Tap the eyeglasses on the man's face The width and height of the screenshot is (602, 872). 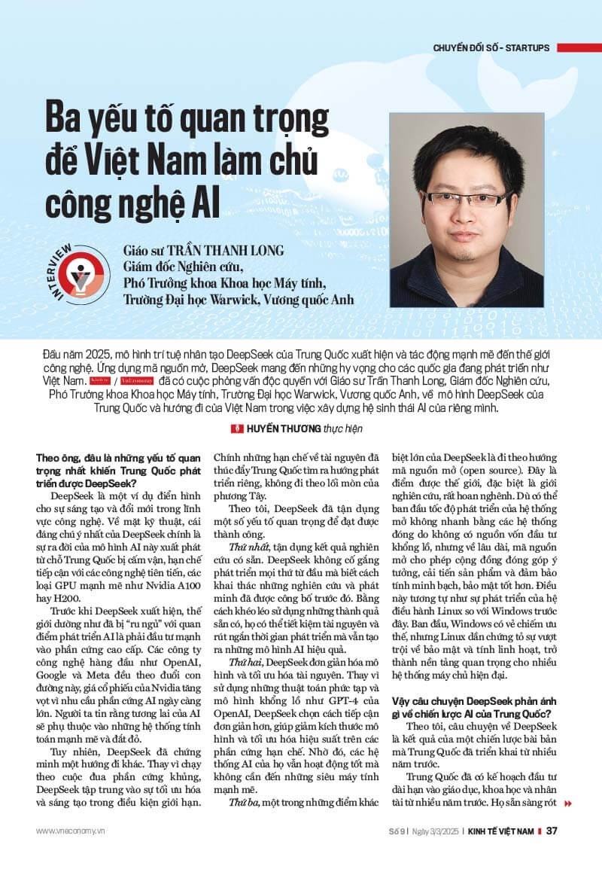point(460,200)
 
